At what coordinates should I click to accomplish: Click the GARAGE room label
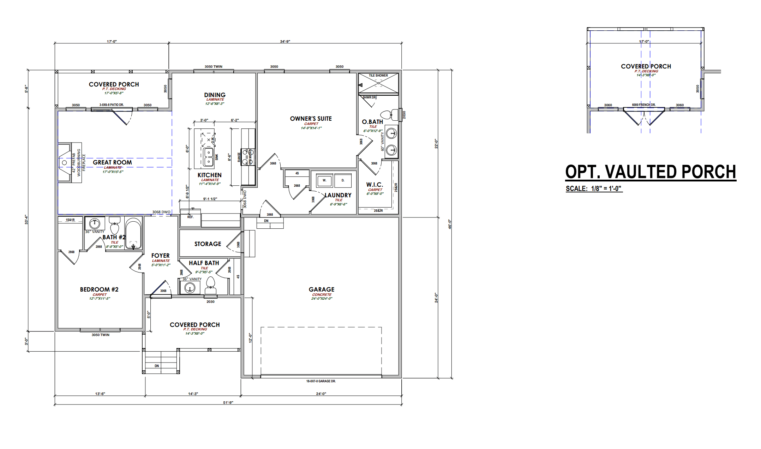321,289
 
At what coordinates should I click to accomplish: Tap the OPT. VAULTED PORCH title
651,172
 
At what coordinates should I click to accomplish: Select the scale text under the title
594,188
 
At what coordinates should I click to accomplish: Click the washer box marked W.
324,180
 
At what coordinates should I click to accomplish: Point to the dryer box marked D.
343,180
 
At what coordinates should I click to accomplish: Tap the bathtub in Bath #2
133,233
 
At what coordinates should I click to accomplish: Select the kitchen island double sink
209,157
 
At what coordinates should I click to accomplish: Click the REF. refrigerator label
191,217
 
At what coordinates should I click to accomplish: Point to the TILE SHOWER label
378,76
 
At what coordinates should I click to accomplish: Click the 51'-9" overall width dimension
228,402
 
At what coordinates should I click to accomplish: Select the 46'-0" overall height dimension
450,224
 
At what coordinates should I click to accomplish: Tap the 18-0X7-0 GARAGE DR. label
321,381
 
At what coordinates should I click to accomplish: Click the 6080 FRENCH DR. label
643,105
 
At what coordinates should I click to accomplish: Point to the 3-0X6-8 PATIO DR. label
112,105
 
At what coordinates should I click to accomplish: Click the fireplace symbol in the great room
65,163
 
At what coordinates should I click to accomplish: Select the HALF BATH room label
204,263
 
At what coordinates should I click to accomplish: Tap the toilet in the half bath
210,285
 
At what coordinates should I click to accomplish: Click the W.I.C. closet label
374,185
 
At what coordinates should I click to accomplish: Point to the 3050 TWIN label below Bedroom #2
101,335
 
